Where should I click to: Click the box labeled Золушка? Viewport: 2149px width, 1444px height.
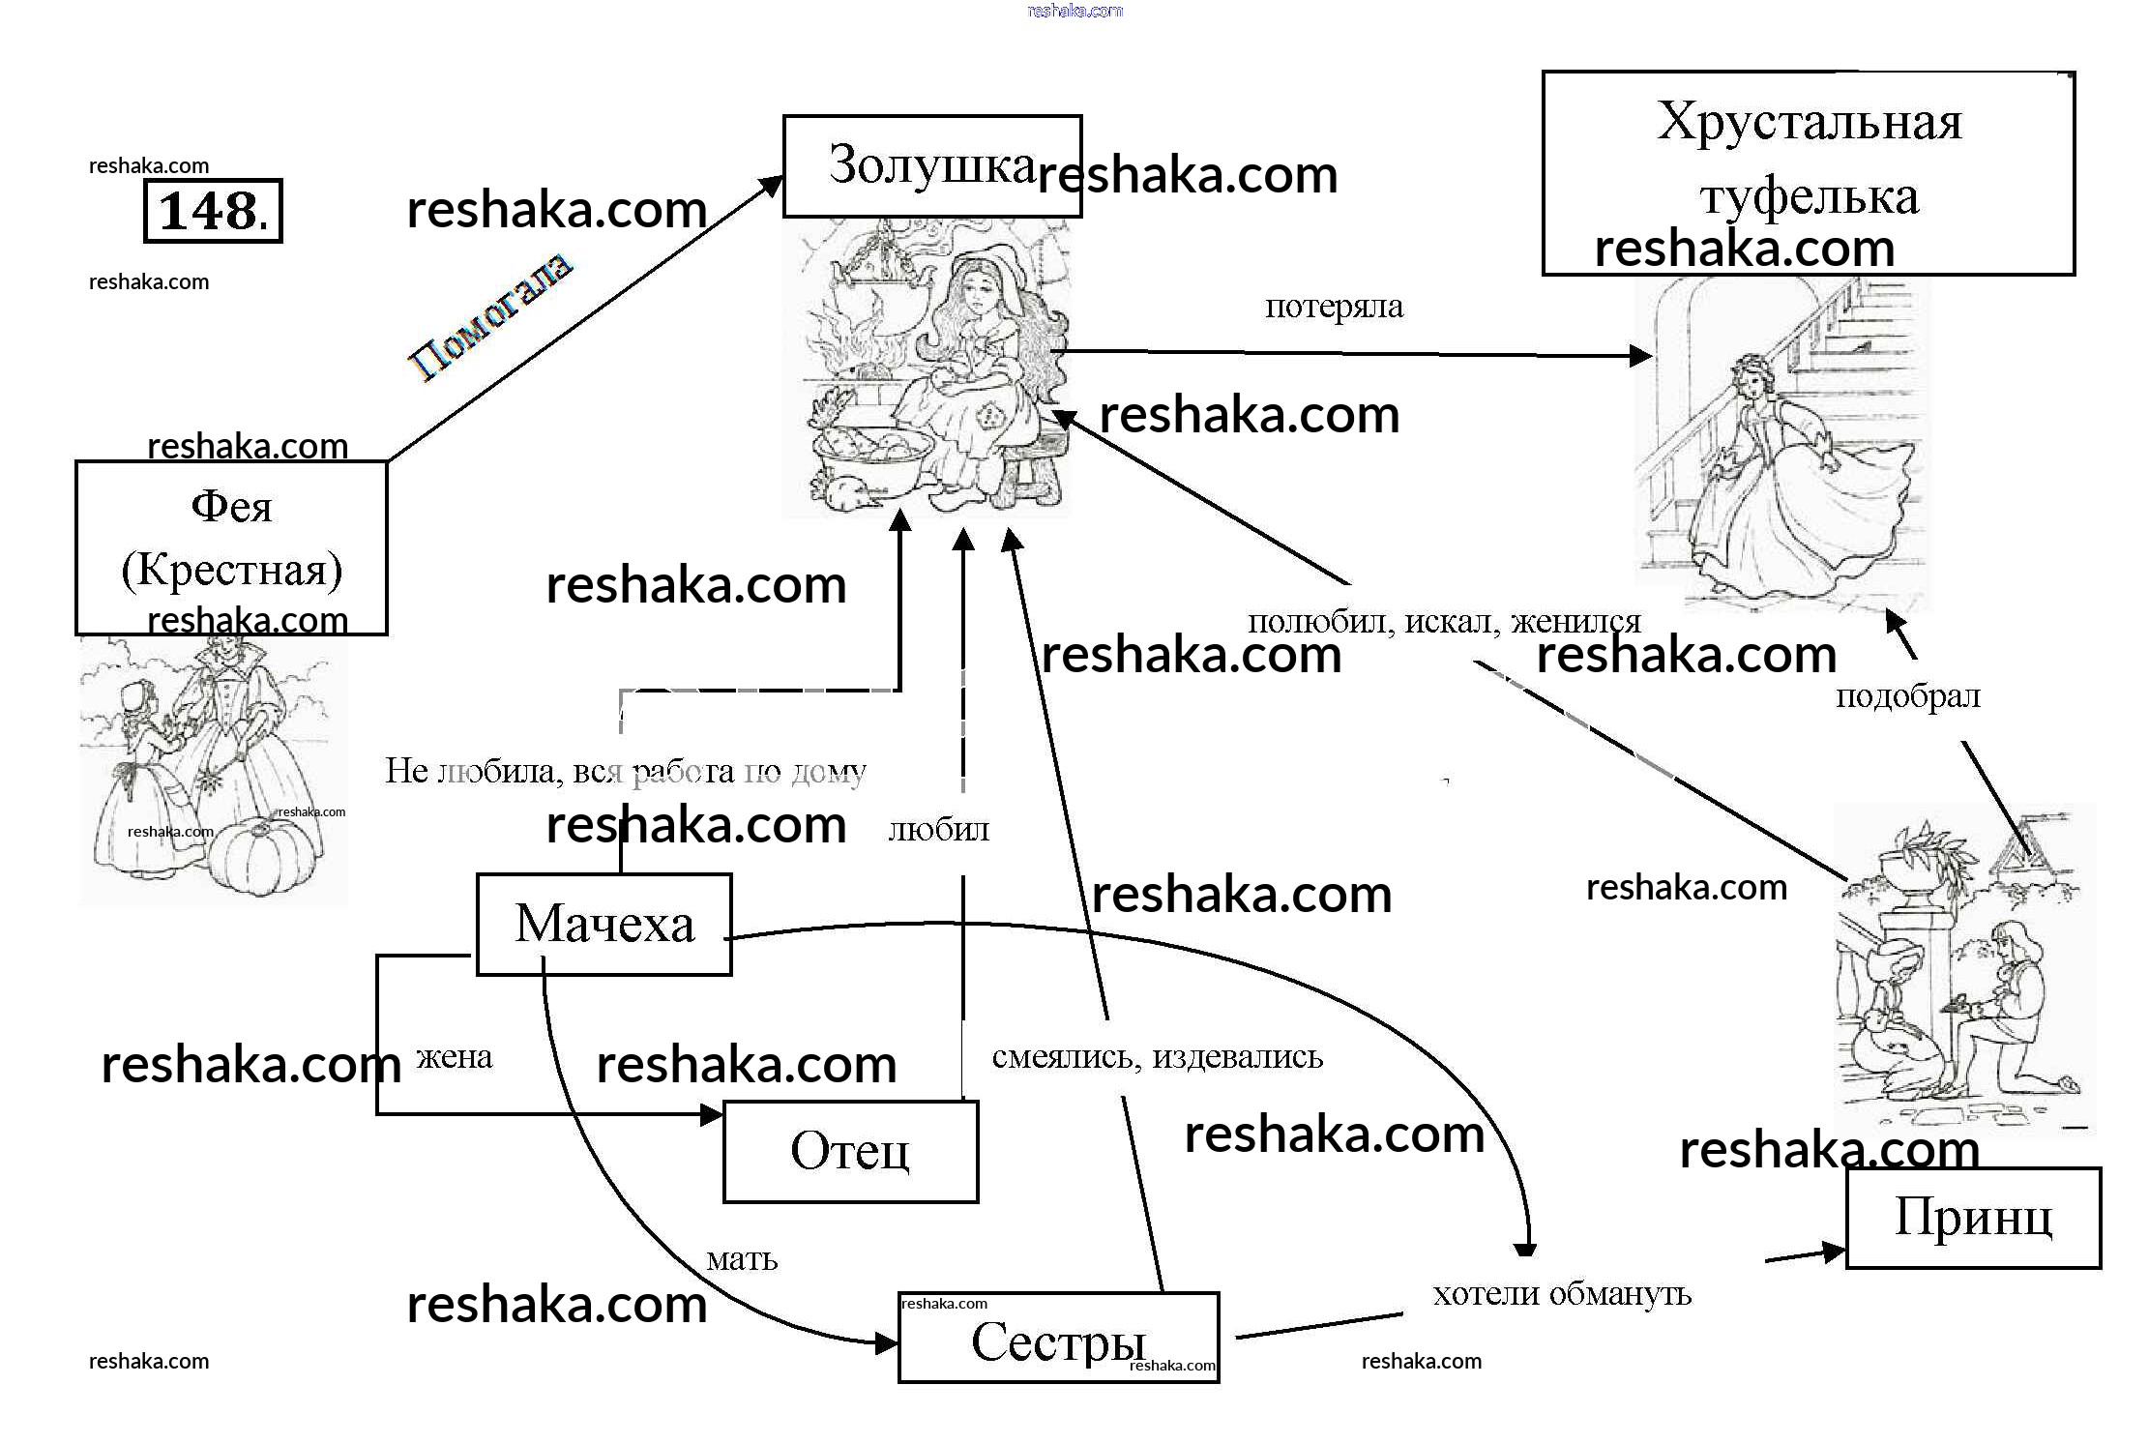click(931, 166)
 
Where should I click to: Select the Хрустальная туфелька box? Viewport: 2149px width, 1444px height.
click(1808, 172)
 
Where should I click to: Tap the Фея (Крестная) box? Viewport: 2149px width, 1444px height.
click(231, 546)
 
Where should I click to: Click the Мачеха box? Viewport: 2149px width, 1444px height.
click(604, 925)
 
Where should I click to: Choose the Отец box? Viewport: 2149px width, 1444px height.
click(850, 1151)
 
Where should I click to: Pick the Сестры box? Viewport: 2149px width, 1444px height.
click(1058, 1339)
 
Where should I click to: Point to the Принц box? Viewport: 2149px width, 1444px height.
click(1973, 1218)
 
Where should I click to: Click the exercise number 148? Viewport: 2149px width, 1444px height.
click(213, 211)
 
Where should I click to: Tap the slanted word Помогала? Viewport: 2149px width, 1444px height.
click(490, 317)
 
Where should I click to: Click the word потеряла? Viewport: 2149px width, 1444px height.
click(1334, 307)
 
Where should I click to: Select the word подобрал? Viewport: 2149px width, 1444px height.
click(1907, 695)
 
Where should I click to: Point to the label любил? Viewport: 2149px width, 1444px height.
click(938, 830)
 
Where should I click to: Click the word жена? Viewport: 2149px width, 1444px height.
click(454, 1057)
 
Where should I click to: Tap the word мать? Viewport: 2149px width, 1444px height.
click(742, 1259)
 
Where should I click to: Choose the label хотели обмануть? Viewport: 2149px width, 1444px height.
click(1561, 1294)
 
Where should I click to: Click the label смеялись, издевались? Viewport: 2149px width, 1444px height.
click(1157, 1057)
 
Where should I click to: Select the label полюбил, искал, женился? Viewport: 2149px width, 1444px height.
click(1444, 621)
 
